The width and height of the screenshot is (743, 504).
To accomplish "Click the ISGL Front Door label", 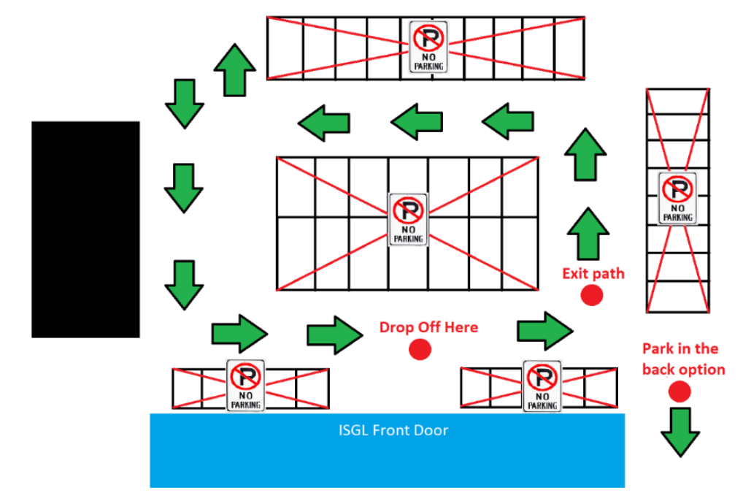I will pyautogui.click(x=393, y=430).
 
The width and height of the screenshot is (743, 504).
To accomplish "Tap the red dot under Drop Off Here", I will pyautogui.click(x=420, y=350).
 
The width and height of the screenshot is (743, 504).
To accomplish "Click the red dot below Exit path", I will pyautogui.click(x=591, y=295).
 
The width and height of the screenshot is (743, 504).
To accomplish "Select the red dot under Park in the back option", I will pyautogui.click(x=679, y=392).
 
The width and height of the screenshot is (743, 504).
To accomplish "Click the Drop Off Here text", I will pyautogui.click(x=428, y=327).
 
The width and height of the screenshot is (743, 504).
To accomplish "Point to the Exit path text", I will pyautogui.click(x=593, y=274).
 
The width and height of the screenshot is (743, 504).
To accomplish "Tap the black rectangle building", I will pyautogui.click(x=85, y=229).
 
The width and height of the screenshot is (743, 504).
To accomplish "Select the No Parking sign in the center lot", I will pyautogui.click(x=408, y=219).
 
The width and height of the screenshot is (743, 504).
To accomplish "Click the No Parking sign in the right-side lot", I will pyautogui.click(x=677, y=197).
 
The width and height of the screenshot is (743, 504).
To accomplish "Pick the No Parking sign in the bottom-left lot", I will pyautogui.click(x=246, y=385).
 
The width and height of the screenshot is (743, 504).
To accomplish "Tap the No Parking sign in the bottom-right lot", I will pyautogui.click(x=542, y=385).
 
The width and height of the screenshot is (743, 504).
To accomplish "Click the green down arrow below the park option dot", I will pyautogui.click(x=680, y=432).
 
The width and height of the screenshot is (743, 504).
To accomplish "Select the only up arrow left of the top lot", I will pyautogui.click(x=234, y=69).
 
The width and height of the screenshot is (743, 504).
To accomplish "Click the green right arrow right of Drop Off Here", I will pyautogui.click(x=544, y=330).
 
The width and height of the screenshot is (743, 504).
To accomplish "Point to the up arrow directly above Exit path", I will pyautogui.click(x=588, y=233).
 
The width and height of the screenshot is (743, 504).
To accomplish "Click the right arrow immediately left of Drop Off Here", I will pyautogui.click(x=335, y=335).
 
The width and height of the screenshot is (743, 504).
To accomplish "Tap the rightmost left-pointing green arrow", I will pyautogui.click(x=509, y=121).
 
